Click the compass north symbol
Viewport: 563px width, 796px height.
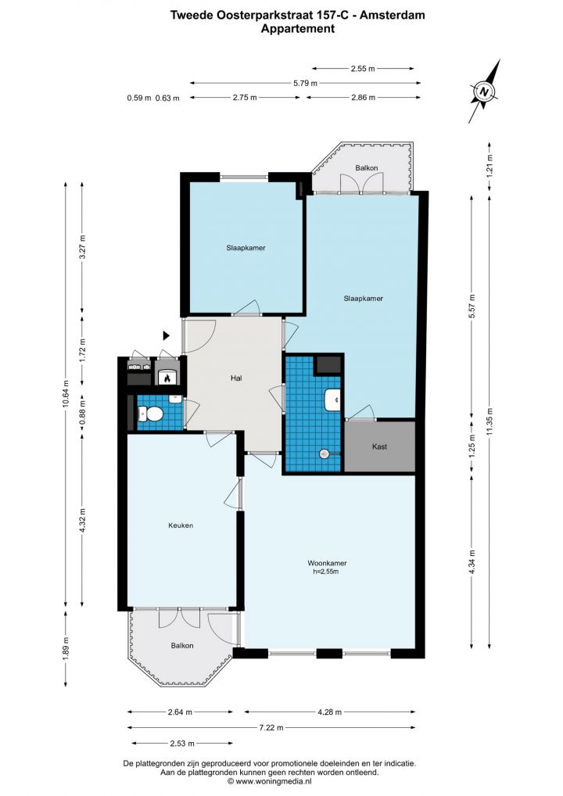point(484,91)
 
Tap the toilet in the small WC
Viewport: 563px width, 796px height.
point(150,414)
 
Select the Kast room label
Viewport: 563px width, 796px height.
point(379,446)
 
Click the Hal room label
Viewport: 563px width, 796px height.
point(236,378)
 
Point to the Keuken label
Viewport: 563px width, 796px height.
point(181,525)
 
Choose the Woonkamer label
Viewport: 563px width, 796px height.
point(327,563)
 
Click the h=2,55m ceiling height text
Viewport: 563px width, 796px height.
point(325,572)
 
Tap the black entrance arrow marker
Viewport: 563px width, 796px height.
point(166,335)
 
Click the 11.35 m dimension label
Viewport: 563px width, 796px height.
point(489,421)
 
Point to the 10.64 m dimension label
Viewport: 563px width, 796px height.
point(66,394)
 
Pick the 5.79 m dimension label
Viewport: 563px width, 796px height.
point(305,83)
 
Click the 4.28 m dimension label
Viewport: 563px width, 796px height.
point(329,712)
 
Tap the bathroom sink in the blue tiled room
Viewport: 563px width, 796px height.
point(332,399)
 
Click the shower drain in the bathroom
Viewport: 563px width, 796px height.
point(325,454)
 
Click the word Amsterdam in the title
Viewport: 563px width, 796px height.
point(393,15)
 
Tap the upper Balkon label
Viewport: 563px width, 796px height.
point(366,167)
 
